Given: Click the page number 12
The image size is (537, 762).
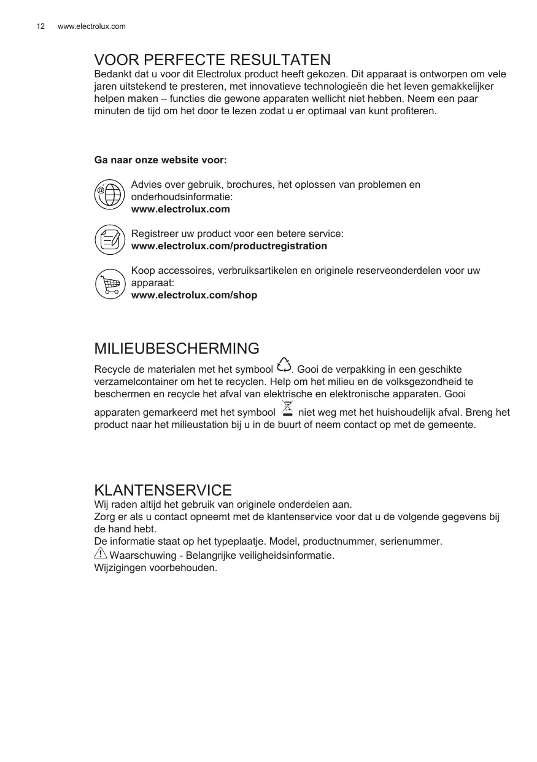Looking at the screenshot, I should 41,26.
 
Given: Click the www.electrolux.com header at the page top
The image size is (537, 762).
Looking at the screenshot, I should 91,26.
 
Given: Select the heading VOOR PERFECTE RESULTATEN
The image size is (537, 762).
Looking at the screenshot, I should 212,60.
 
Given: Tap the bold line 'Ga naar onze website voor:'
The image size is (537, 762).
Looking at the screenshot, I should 160,160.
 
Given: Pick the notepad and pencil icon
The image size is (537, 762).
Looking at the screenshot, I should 109,239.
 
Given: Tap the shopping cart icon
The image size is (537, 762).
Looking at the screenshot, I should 110,284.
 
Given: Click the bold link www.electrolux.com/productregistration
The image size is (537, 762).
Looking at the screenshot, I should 229,246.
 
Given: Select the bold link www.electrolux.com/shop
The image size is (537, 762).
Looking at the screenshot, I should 194,295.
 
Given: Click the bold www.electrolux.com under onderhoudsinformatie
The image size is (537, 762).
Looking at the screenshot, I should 180,209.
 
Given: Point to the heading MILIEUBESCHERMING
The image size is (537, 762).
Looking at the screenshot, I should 177,349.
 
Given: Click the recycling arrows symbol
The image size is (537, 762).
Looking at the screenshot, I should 284,365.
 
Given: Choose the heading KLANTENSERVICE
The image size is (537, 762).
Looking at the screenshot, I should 163,491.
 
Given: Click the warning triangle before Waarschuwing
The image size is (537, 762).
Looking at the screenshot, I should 100,554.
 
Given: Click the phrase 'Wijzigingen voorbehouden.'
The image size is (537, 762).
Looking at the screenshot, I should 155,567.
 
